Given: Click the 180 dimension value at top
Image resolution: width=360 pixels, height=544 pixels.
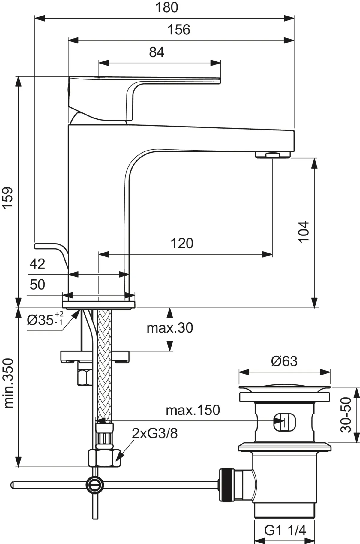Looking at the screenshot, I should coord(167,8).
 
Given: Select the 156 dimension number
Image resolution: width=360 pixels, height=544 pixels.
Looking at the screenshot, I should coord(179,30).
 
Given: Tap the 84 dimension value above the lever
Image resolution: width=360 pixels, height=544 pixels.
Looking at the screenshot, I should coord(157,52).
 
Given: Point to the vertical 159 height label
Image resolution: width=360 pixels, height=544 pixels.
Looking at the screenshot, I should coord(8,197).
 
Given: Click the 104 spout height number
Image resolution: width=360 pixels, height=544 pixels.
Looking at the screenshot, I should coord(304,232).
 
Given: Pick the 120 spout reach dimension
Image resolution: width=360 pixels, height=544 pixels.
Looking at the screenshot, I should coord(182,243).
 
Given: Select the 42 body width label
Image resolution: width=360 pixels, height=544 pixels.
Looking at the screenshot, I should coord(37,264).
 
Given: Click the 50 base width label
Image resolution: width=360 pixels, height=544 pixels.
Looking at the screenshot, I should coord(37,284).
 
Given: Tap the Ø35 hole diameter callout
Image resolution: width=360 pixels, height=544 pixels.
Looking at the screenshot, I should coord(45,320).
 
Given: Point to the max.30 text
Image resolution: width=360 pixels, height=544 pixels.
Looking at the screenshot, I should coord(170,328).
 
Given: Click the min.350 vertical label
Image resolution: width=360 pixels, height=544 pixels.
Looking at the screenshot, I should coord(9,383).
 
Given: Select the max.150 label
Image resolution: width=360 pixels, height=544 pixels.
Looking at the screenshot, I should coord(193,410).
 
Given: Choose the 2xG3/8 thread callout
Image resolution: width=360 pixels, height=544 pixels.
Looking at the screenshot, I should coord(155,433).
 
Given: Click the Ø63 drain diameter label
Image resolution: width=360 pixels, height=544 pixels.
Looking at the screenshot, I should coord(284,361).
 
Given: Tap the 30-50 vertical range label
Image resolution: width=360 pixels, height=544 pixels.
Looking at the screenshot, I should coord(346,415).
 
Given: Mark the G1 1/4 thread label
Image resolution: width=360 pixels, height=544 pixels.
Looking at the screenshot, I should coord(285,530).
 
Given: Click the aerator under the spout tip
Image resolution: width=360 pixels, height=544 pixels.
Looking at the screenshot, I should coord(273,155).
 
